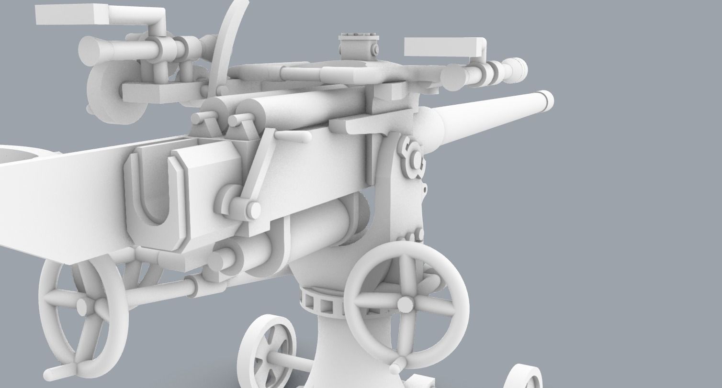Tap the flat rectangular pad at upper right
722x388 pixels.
click(x=443, y=46)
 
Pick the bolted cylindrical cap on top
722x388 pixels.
click(x=358, y=45)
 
